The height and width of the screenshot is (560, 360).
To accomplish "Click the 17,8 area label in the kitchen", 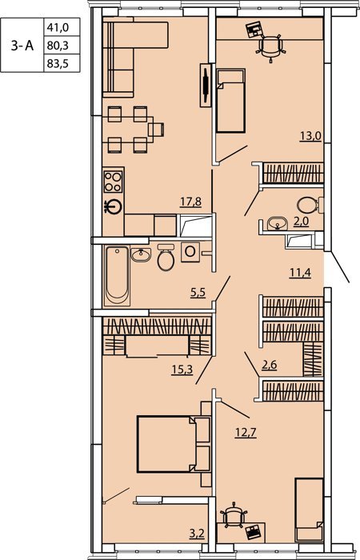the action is [190, 202].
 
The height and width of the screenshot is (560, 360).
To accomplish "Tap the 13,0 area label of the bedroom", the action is [311, 136].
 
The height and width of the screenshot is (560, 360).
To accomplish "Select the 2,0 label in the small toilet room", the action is [301, 222].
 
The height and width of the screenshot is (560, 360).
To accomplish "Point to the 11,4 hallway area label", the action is [300, 273].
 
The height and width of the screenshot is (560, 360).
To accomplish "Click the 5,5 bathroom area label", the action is [198, 293].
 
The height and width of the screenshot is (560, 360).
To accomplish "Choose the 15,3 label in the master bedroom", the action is [182, 370].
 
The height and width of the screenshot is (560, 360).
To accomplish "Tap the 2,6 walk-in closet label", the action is [270, 365].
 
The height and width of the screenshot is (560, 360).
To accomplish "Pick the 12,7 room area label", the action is [246, 433].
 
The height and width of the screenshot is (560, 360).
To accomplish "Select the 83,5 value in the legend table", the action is [58, 64].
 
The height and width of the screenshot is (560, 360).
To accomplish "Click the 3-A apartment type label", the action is [22, 46].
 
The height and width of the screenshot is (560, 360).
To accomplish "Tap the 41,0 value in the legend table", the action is [58, 26].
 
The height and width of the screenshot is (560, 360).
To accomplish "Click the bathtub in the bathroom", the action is [117, 276].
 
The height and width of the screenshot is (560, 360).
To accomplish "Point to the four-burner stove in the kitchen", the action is [113, 182].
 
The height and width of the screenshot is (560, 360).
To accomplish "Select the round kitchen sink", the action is [114, 206].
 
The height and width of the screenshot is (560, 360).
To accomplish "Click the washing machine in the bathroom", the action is [190, 252].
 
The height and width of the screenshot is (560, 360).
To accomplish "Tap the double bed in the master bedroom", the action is [174, 444].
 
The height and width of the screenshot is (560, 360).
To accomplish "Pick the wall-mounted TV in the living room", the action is [206, 85].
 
